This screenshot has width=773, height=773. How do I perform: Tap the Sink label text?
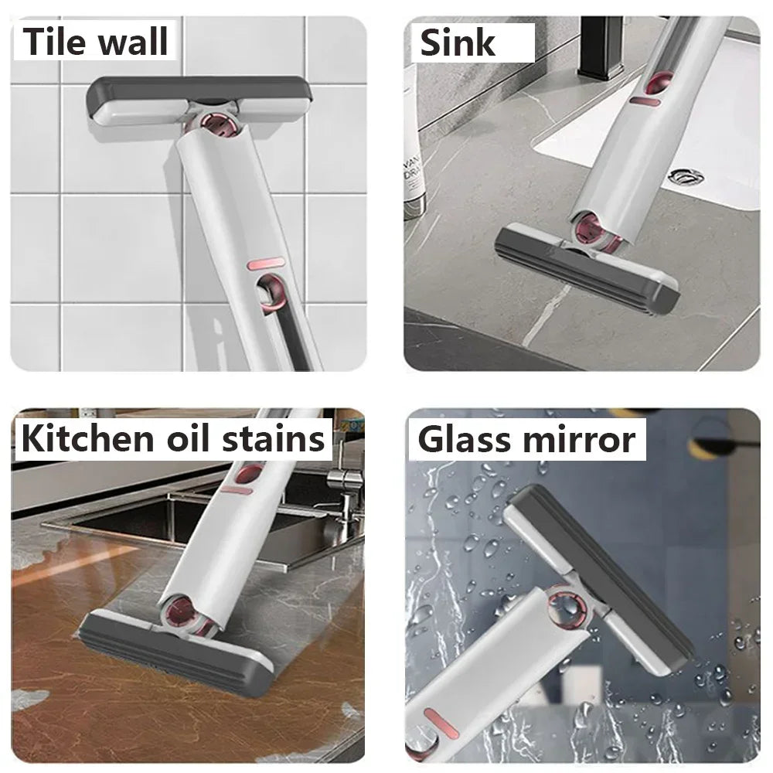point(457,43)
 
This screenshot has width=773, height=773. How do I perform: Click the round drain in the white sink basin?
point(686,176)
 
